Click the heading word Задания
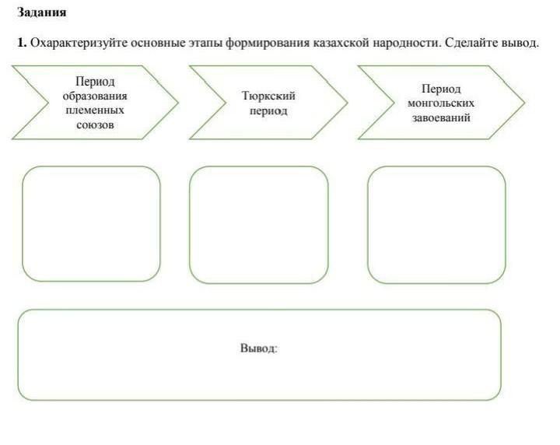pos(42,13)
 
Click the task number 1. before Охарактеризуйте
pos(23,42)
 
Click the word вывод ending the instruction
pos(520,42)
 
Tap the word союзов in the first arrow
pos(95,124)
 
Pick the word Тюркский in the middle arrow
pos(269,96)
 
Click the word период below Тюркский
pos(269,110)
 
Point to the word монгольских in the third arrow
pos(441,103)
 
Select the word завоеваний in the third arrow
pos(441,117)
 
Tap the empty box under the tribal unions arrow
pos(91,223)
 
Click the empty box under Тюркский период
pos(259,224)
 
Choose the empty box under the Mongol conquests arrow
pos(436,224)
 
